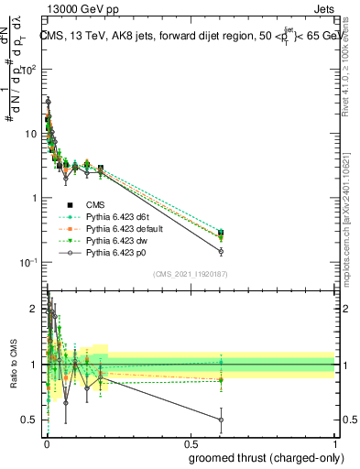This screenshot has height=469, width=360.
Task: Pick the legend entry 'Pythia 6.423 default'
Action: pyautogui.click(x=117, y=227)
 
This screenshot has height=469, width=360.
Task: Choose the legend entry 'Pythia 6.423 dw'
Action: pyautogui.click(x=108, y=239)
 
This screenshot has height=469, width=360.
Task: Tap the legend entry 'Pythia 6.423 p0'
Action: pyautogui.click(x=108, y=251)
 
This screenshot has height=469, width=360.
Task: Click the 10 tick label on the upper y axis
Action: pyautogui.click(x=32, y=134)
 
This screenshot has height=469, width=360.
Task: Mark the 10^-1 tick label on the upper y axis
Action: pyautogui.click(x=30, y=262)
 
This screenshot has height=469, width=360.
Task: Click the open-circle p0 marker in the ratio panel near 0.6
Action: pyautogui.click(x=221, y=420)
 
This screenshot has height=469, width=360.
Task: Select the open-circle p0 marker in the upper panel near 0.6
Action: pyautogui.click(x=221, y=251)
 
